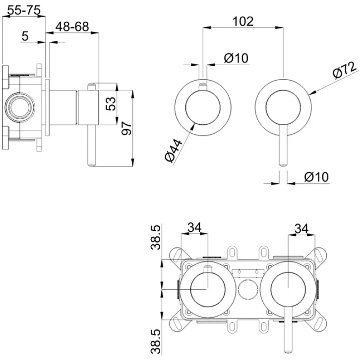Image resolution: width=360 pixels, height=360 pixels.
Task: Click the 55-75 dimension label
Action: [x=24, y=10]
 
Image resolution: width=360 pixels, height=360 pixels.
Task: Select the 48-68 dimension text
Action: [x=72, y=27]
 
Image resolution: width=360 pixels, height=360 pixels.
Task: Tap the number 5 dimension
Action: [x=25, y=36]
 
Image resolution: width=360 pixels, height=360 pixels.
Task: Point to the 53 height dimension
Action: [x=112, y=104]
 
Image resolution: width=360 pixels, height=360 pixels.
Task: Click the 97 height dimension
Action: [x=127, y=129]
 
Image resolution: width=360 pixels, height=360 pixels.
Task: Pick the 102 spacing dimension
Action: [x=243, y=21]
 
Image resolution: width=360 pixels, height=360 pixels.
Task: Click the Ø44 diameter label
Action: [x=173, y=151]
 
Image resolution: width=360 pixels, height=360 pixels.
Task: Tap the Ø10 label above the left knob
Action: [x=236, y=58]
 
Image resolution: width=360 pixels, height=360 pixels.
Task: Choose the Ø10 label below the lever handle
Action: [x=316, y=177]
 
